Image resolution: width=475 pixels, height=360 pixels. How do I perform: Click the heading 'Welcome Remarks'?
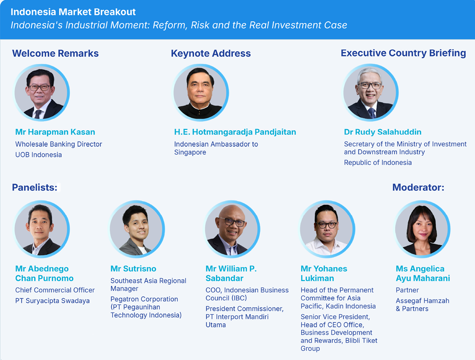point(55,53)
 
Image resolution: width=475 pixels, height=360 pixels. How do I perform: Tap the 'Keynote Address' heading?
point(211,53)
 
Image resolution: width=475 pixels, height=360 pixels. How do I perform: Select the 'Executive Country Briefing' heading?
point(403,53)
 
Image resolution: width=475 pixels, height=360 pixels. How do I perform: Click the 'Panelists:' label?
point(35,187)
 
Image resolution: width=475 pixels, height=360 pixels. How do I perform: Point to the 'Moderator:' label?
point(418,187)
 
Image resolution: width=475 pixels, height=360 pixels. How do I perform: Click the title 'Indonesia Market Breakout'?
point(73,12)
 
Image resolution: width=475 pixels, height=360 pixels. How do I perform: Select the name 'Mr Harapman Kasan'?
point(55,132)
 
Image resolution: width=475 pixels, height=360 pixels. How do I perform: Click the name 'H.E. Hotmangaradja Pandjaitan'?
point(235,132)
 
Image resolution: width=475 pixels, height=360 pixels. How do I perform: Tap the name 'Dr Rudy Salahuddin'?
point(383,132)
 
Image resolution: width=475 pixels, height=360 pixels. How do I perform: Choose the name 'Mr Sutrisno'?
point(133,268)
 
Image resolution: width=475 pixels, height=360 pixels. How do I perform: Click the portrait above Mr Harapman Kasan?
point(42,92)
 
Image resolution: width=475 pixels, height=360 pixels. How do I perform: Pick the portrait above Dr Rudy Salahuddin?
point(370,92)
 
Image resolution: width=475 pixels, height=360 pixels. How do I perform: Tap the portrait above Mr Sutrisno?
point(137,229)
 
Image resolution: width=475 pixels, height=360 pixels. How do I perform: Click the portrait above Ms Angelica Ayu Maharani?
point(422,229)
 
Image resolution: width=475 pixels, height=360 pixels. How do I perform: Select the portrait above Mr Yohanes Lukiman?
point(327,229)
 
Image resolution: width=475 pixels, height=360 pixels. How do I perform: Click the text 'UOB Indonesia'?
point(38,154)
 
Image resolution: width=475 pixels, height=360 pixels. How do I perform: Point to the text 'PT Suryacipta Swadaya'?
point(52,301)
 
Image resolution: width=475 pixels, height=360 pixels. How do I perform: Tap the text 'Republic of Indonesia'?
point(378,163)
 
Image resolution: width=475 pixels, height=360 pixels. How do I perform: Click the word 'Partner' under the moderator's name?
point(407,290)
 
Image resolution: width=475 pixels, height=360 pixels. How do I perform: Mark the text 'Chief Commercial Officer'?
point(55,290)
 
